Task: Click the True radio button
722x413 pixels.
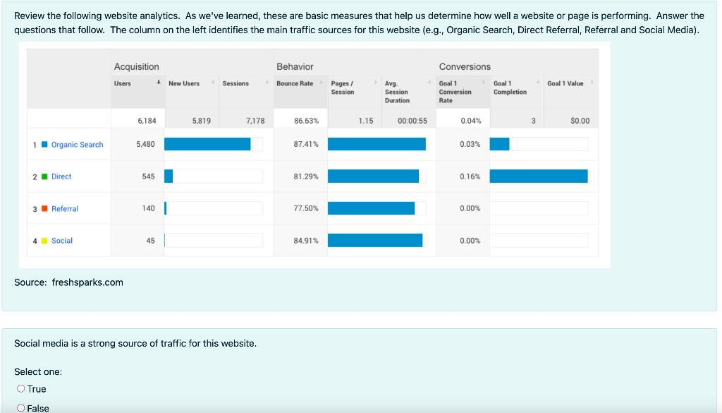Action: click(21, 389)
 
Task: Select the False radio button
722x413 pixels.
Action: click(21, 408)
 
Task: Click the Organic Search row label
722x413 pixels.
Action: click(77, 145)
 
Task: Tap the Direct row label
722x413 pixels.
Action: click(61, 176)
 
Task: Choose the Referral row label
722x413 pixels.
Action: click(64, 209)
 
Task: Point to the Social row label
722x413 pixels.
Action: click(61, 241)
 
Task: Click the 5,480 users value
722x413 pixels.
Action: click(145, 144)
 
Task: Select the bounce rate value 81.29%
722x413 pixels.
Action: click(306, 176)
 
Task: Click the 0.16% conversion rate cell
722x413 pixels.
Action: click(470, 176)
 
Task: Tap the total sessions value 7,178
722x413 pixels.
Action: click(255, 121)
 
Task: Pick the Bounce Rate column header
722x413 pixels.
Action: click(295, 83)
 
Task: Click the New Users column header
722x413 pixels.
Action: click(184, 83)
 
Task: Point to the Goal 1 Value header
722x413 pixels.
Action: click(565, 83)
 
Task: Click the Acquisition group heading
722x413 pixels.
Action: click(137, 66)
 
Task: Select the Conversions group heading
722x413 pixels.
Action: click(465, 66)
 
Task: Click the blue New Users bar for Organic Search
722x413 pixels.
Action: click(207, 144)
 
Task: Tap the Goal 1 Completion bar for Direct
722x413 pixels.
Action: click(539, 176)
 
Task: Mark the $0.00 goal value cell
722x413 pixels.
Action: click(580, 121)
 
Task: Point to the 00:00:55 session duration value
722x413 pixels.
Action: click(412, 121)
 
